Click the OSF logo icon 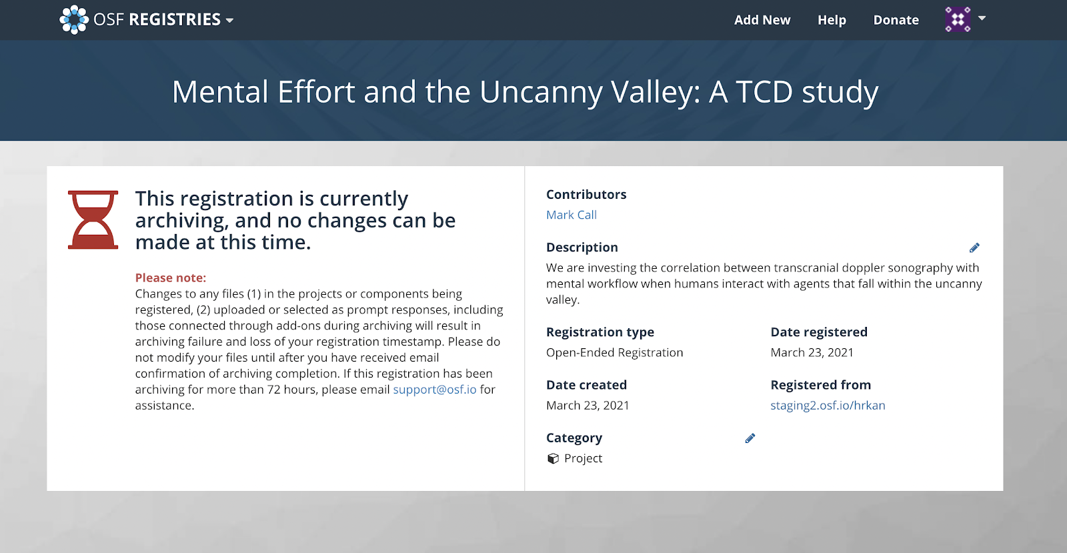pos(74,19)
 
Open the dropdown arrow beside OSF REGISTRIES pos(229,21)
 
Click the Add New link pos(762,20)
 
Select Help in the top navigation pos(832,20)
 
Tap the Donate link pos(896,20)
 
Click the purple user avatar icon pos(958,19)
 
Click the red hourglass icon pos(93,220)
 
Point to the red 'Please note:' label pos(171,278)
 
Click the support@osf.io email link pos(434,390)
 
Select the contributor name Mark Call pos(571,215)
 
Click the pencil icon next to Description pos(974,247)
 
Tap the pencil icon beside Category pos(750,438)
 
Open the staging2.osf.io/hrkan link pos(828,406)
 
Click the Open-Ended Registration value pos(614,352)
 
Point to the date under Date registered pos(812,352)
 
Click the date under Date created pos(588,406)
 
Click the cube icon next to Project pos(553,458)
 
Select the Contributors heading pos(586,194)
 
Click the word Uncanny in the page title pos(541,92)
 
